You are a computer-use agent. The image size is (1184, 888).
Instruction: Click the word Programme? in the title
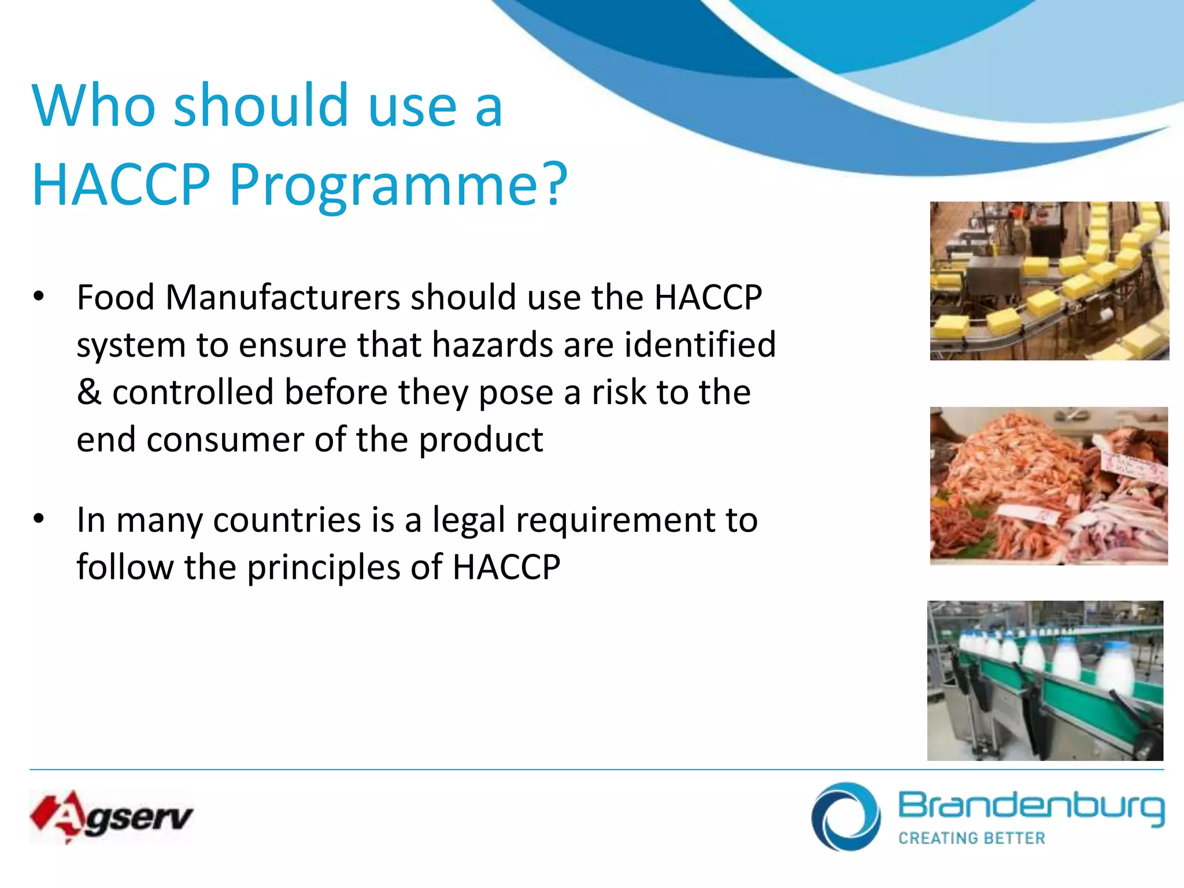(x=398, y=185)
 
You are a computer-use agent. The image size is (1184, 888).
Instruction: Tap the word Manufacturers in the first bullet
(x=283, y=297)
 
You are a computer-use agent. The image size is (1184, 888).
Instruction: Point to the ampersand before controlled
(x=89, y=392)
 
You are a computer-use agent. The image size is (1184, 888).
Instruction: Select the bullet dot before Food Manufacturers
(x=39, y=297)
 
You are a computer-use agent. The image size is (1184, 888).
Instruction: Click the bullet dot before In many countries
(x=39, y=519)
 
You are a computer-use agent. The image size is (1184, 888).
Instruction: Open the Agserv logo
(x=111, y=816)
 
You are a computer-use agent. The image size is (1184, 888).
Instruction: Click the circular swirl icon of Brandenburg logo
(x=846, y=816)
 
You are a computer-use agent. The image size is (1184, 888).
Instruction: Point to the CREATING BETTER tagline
(x=972, y=838)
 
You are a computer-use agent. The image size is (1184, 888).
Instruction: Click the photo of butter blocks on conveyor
(x=1049, y=281)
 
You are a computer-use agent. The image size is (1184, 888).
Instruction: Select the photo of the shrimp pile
(x=1049, y=486)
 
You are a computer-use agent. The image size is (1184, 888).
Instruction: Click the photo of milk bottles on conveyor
(x=1045, y=680)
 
